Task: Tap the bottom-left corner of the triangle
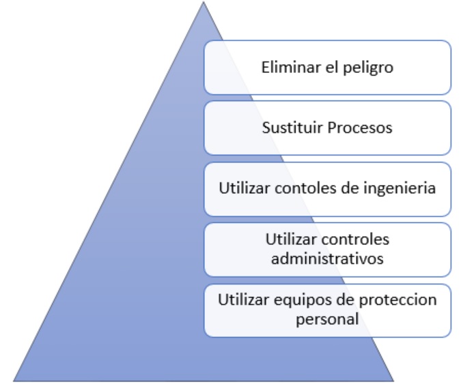[x=15, y=379]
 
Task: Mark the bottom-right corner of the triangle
[x=393, y=379]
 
